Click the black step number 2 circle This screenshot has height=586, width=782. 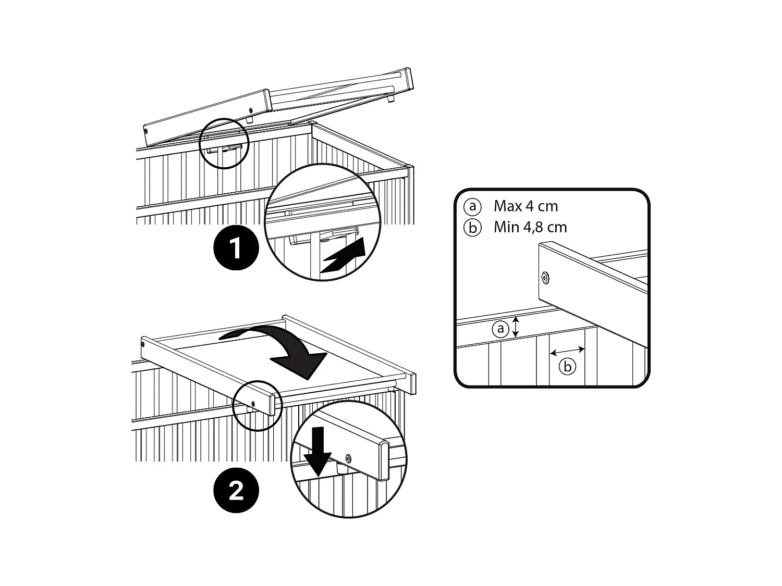(236, 490)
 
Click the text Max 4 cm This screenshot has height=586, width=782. (526, 206)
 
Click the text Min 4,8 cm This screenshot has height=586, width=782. (530, 228)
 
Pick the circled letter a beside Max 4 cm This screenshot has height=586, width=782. (472, 207)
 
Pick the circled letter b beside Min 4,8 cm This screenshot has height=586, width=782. (472, 228)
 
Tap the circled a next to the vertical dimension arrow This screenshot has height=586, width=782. (500, 329)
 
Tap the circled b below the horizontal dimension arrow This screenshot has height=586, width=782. (567, 367)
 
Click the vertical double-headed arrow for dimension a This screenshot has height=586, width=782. (516, 327)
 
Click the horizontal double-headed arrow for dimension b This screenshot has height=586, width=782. (567, 351)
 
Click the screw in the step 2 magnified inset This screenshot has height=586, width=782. (348, 458)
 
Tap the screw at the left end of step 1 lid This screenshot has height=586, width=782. (145, 131)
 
